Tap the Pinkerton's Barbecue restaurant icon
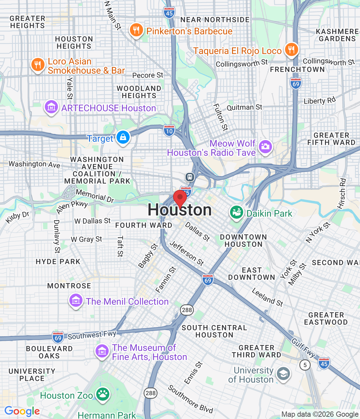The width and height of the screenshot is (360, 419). tap(136, 30)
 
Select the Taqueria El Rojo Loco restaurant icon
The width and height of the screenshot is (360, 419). tap(291, 50)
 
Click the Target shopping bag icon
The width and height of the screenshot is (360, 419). tap(123, 137)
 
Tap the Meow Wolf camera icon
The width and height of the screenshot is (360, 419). tap(265, 146)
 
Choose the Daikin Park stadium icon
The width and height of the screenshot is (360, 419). tap(236, 213)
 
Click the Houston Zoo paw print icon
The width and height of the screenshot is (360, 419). tap(103, 394)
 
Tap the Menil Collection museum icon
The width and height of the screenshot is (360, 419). tap(76, 301)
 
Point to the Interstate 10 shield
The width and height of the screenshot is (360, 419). tap(169, 131)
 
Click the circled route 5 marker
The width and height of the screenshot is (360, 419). tap(305, 365)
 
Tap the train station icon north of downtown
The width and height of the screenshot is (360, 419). tap(190, 177)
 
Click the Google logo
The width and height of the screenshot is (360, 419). tap(22, 411)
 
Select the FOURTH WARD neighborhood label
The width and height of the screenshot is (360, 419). tap(144, 225)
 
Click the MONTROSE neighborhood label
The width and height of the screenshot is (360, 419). tap(69, 286)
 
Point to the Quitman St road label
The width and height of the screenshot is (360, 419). tap(244, 107)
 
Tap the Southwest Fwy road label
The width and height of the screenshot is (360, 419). tap(92, 335)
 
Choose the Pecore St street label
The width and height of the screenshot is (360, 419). tap(148, 75)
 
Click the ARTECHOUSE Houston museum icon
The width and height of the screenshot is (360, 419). tap(51, 107)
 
